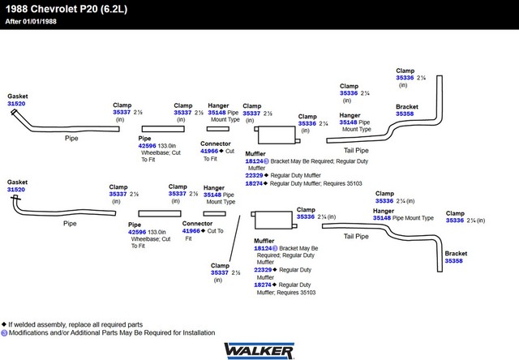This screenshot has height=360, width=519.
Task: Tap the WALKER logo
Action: [259, 351]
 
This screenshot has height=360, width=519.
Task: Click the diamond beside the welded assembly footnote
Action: [4, 324]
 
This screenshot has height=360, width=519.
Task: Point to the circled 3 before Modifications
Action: [4, 333]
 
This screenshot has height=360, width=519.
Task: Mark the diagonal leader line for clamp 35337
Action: [234, 238]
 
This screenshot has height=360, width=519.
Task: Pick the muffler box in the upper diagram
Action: [277, 135]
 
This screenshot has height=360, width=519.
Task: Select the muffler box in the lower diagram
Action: [274, 220]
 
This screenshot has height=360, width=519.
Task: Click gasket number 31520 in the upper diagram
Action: [16, 104]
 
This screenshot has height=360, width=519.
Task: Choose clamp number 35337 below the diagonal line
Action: [220, 272]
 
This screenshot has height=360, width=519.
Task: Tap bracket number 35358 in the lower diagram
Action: [453, 261]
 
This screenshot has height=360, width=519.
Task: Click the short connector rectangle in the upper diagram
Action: [218, 129]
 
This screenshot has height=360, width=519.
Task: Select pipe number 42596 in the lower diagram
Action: [137, 232]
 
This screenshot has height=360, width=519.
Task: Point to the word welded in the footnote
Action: [25, 324]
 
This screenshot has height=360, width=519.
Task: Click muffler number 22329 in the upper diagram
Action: [254, 175]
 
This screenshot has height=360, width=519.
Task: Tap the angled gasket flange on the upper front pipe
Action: [14, 112]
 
